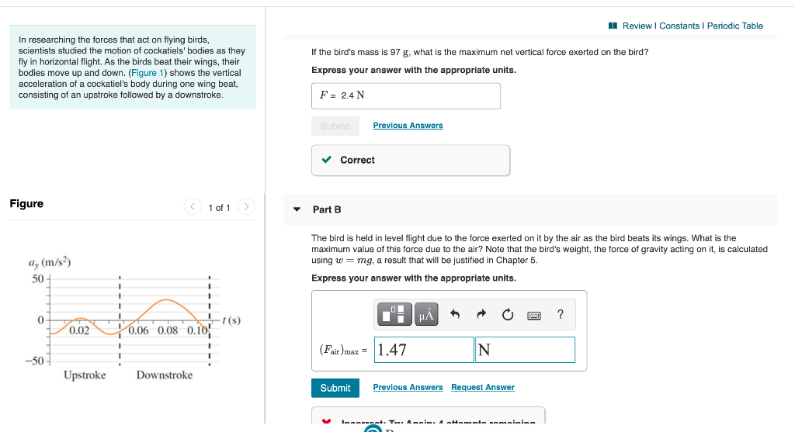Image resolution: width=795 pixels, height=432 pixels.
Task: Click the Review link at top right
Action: (637, 26)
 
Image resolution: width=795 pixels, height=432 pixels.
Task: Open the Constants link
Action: (679, 26)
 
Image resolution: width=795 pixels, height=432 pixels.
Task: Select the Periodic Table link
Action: (734, 26)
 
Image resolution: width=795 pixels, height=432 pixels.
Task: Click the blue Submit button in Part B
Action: (335, 388)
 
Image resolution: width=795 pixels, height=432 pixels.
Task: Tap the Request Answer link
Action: (482, 388)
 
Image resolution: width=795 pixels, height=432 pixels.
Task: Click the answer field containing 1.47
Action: (424, 350)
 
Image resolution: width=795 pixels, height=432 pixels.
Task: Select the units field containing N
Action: (525, 350)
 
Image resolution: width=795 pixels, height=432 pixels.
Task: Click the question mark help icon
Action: (561, 314)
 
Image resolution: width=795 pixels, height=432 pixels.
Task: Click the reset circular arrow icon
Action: (508, 314)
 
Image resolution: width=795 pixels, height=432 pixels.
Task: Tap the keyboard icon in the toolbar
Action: (534, 314)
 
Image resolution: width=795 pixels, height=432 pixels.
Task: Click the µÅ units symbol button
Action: (426, 314)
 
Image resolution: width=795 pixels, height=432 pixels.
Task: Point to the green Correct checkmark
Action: (327, 160)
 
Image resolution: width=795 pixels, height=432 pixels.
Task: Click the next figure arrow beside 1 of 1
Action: (246, 207)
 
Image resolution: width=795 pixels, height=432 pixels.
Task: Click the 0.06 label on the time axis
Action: (139, 330)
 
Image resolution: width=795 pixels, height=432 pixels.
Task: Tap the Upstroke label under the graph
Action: (85, 375)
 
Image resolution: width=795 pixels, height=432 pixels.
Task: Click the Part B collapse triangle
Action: (297, 209)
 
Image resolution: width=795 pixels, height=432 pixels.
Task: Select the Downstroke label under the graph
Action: (165, 375)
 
